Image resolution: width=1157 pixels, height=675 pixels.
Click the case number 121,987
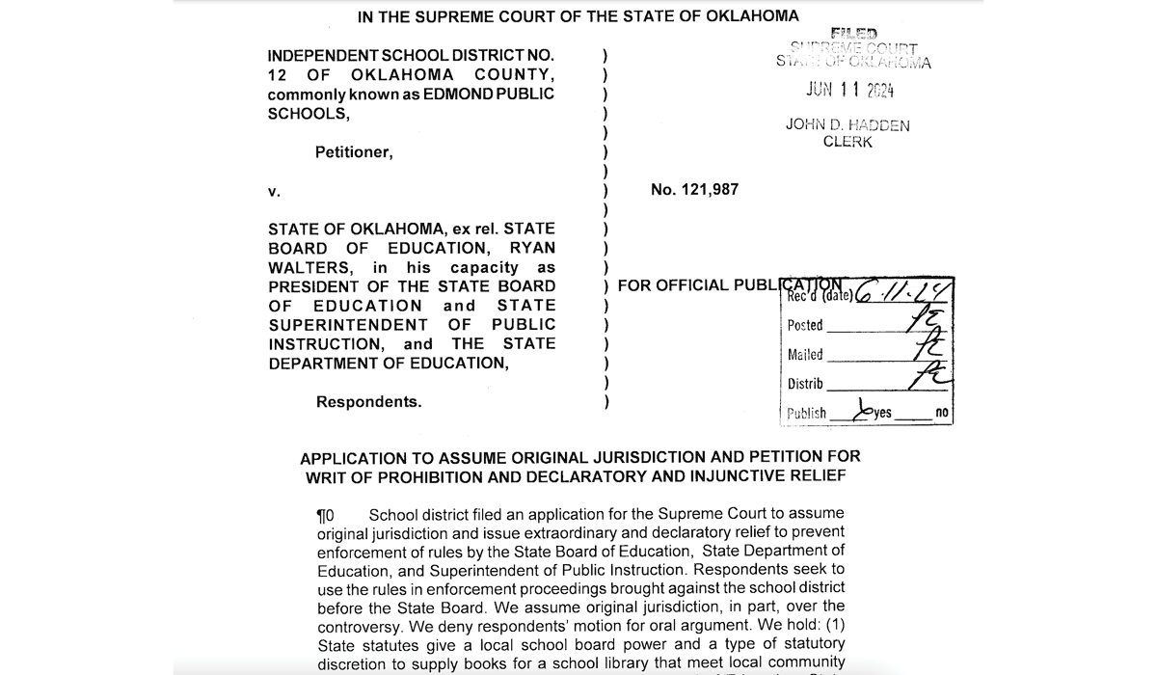[709, 190]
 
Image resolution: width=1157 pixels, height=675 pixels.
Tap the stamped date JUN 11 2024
[849, 91]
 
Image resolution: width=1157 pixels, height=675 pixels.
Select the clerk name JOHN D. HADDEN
[848, 125]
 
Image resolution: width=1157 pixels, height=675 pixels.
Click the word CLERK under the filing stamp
[848, 142]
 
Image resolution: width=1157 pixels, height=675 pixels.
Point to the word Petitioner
[354, 151]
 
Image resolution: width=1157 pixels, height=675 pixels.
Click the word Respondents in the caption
[368, 402]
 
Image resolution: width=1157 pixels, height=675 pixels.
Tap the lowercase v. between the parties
[274, 191]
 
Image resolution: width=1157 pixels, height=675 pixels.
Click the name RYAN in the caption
[533, 248]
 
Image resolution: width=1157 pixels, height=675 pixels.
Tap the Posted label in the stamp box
[805, 326]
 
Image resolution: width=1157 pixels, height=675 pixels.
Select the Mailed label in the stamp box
[804, 355]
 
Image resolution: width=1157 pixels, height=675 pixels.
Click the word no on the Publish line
[941, 414]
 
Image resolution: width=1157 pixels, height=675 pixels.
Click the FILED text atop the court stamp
[853, 34]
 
